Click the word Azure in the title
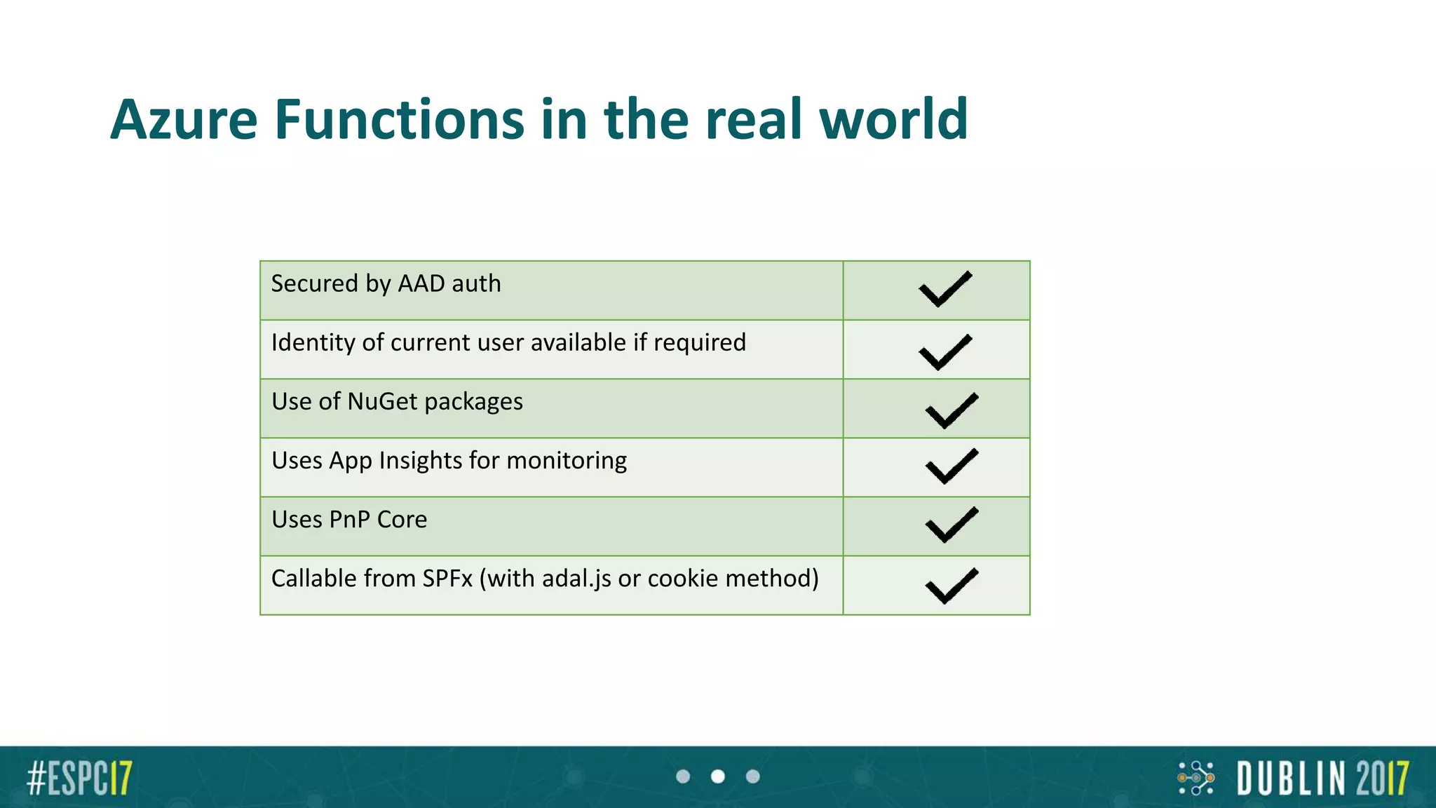[184, 120]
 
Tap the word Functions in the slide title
[399, 120]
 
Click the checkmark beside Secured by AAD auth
[945, 289]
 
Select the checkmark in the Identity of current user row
[945, 351]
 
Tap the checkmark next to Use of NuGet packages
[951, 410]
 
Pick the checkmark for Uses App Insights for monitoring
[951, 466]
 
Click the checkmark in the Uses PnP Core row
[951, 525]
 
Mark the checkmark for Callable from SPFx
[951, 585]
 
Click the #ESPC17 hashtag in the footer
[79, 778]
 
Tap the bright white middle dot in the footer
[718, 776]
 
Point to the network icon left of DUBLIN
[1195, 778]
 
